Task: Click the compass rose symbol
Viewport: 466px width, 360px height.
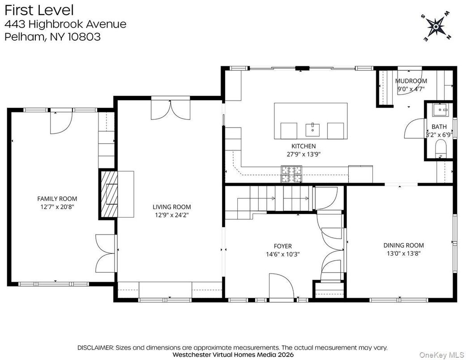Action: tap(435, 27)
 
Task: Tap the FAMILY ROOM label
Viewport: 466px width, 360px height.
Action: tap(57, 199)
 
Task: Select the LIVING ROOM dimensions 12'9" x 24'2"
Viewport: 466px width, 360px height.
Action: tap(171, 214)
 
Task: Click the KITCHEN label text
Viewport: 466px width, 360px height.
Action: tap(304, 146)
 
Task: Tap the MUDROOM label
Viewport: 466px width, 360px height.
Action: tap(411, 81)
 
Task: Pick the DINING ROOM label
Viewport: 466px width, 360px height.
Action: tap(403, 245)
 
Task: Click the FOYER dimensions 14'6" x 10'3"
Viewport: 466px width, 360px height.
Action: tap(282, 254)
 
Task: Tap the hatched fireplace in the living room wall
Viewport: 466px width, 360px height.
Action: tap(108, 194)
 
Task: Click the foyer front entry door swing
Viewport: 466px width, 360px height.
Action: tap(281, 287)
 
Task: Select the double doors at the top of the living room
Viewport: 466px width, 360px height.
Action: tap(170, 109)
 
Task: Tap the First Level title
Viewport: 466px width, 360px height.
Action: tap(39, 10)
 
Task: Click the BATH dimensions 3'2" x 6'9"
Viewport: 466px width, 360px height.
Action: tap(439, 134)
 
